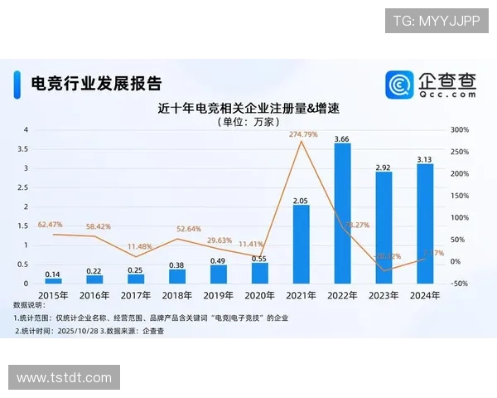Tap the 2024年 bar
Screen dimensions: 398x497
coord(425,223)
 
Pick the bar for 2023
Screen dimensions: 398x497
coord(384,227)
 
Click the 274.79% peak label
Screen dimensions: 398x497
coord(303,134)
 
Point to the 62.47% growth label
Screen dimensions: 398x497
coord(51,225)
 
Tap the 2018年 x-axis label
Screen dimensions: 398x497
coord(176,294)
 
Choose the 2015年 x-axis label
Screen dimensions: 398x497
coord(52,294)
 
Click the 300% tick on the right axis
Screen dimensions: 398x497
coord(460,130)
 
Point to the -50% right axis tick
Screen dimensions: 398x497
coord(460,284)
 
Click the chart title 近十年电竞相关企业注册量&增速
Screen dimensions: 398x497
coord(249,109)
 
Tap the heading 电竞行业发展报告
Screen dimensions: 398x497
coord(95,83)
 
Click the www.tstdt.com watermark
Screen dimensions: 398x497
coord(65,378)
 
